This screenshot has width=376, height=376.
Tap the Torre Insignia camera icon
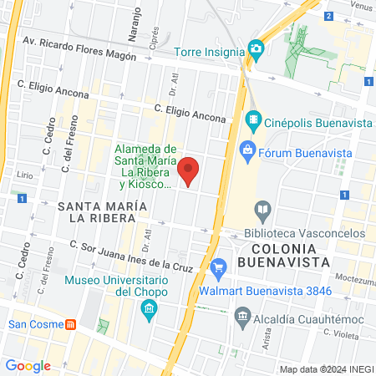256,49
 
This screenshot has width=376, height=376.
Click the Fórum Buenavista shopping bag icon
246,150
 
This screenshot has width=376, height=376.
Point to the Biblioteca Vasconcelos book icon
263,208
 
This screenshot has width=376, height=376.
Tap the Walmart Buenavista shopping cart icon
219,267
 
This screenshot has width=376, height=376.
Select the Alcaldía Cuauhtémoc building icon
243,315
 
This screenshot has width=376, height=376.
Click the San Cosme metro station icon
72,323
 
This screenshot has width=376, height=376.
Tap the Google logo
28,365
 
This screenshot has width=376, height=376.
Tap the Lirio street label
24,176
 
